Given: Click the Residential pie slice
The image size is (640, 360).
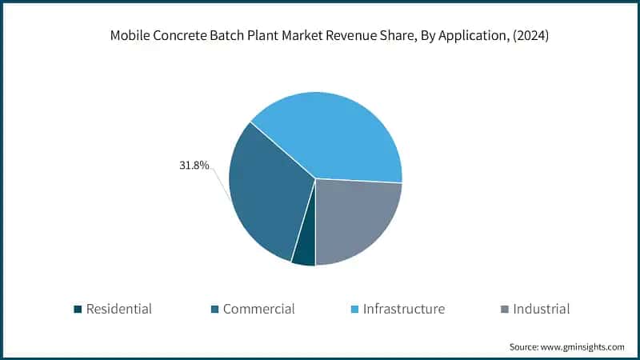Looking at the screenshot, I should [304, 251].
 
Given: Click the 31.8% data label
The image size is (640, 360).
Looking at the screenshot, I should [194, 166].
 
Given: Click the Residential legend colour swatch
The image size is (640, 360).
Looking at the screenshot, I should [77, 310].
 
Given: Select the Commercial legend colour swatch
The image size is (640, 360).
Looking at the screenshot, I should [214, 310].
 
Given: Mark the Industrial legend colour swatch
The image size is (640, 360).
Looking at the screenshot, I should [503, 310].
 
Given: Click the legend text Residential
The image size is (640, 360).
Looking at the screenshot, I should [119, 309].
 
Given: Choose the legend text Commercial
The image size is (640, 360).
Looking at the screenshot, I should [259, 309].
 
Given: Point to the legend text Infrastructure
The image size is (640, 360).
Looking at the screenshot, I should [404, 309].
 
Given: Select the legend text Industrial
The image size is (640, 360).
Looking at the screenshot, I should [542, 309].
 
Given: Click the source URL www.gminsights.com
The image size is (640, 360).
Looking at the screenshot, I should [584, 347].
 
